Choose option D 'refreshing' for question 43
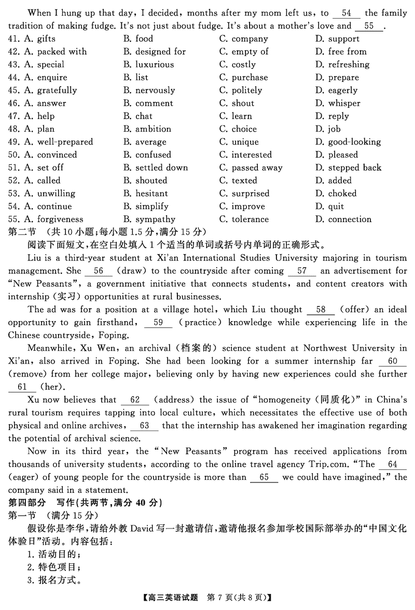point(349,65)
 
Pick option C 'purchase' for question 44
point(250,78)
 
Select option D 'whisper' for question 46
point(344,103)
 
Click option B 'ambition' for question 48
point(153,129)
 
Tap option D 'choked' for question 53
point(342,193)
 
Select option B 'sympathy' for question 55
point(155,219)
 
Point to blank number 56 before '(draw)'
point(99,271)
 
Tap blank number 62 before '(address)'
point(135,400)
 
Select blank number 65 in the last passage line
point(264,477)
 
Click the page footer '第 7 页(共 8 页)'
point(236,598)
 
